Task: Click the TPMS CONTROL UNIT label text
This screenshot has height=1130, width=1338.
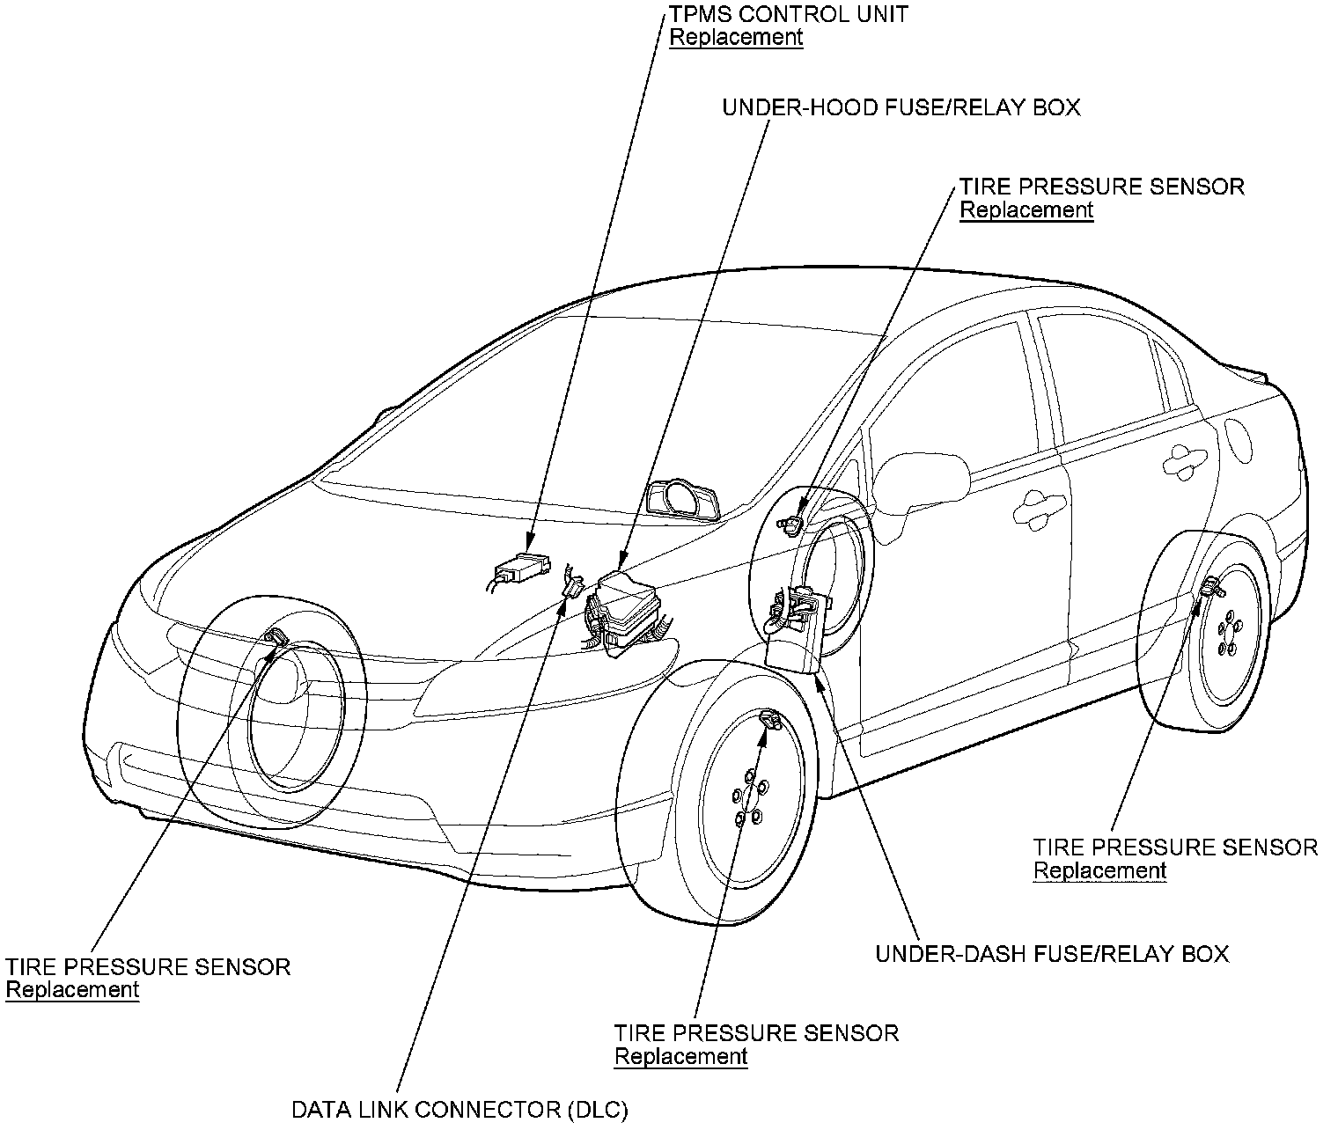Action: click(789, 14)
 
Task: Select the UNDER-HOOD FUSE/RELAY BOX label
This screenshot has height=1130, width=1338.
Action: click(901, 108)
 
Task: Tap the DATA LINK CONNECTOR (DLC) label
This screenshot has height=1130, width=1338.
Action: click(459, 1110)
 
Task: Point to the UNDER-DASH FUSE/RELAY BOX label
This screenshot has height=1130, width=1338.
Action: click(1051, 954)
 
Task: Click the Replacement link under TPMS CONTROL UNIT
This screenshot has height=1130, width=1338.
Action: click(736, 38)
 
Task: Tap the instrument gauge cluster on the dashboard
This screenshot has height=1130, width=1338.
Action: click(683, 500)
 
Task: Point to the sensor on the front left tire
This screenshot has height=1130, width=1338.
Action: click(276, 637)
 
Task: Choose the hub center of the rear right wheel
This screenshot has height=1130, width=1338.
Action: click(1227, 638)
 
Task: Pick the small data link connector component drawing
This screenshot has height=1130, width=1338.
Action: click(573, 585)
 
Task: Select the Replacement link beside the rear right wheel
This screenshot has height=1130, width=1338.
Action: click(1099, 871)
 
